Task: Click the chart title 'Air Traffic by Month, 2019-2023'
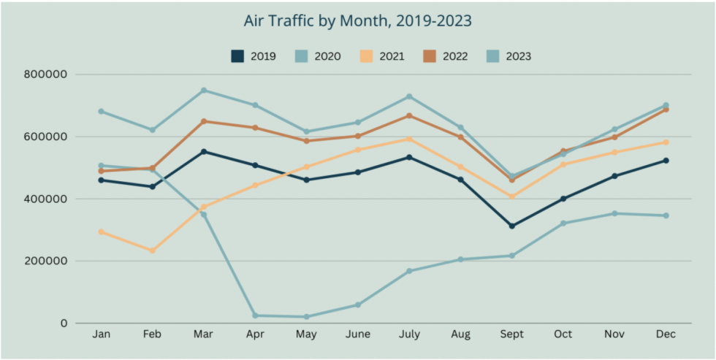[357, 21]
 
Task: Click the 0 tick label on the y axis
[64, 323]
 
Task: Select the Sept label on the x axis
[511, 334]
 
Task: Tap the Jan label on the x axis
[101, 334]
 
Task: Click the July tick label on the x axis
[409, 334]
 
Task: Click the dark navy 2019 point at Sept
[511, 226]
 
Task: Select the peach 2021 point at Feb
[152, 250]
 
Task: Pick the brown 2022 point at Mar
[204, 121]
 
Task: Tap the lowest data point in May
[306, 317]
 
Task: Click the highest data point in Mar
[204, 91]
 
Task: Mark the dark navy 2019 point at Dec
[666, 161]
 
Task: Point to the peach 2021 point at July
[409, 139]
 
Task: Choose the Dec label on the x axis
[666, 334]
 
